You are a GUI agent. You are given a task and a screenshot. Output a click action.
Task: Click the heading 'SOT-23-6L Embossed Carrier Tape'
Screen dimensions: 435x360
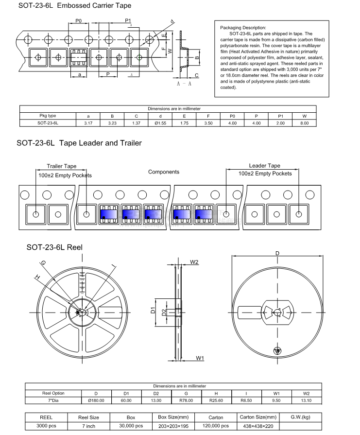click(x=68, y=6)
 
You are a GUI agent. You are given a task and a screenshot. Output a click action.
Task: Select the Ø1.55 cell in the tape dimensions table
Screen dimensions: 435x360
click(x=161, y=123)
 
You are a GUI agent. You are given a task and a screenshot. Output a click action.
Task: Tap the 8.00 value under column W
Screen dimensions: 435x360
click(x=304, y=123)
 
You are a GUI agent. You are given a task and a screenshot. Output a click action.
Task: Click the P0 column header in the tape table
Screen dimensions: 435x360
click(x=232, y=116)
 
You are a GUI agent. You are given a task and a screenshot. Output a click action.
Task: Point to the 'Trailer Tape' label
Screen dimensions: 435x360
click(x=61, y=166)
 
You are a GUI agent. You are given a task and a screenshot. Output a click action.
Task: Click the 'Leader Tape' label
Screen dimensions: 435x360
click(x=264, y=166)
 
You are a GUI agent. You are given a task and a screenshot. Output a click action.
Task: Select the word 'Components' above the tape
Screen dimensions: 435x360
click(x=163, y=172)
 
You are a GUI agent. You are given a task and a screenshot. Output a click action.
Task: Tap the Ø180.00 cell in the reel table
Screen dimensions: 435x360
click(x=96, y=400)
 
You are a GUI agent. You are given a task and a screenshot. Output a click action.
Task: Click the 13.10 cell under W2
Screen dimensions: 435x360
click(x=306, y=400)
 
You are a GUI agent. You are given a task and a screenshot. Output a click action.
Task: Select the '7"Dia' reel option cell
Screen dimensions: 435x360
click(x=53, y=400)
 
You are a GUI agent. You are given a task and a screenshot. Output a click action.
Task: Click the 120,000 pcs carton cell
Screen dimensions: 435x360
click(x=216, y=426)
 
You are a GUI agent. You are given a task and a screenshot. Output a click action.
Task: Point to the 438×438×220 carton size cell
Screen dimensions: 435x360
click(x=258, y=426)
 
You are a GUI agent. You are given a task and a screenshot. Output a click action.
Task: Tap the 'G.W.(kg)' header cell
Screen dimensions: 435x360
click(x=300, y=418)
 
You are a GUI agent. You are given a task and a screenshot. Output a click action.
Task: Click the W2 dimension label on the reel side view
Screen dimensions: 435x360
click(x=194, y=262)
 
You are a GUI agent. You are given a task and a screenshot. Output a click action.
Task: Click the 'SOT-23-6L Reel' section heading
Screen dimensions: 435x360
click(x=54, y=247)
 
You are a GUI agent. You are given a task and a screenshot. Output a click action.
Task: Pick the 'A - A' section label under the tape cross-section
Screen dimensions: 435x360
click(x=183, y=84)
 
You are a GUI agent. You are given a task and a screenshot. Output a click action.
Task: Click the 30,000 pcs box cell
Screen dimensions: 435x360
click(x=131, y=426)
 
